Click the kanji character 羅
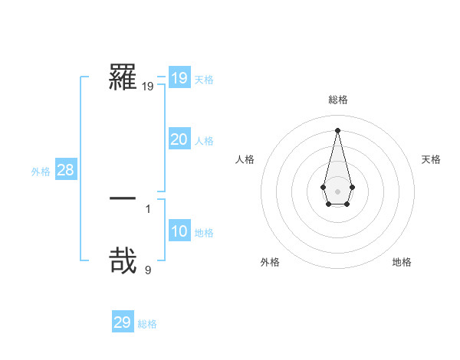(x=123, y=78)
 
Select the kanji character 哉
(x=123, y=260)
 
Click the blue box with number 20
(x=179, y=139)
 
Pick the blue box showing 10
(x=179, y=232)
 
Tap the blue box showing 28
(x=65, y=170)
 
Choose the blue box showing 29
(x=123, y=322)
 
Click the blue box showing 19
(x=179, y=78)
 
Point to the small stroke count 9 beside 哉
(x=148, y=270)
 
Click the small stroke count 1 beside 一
(x=148, y=208)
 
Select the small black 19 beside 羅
(x=147, y=87)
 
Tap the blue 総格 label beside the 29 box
(x=147, y=324)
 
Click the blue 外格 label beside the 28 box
(x=41, y=172)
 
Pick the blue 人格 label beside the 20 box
(x=204, y=141)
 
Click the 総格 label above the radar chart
(x=337, y=100)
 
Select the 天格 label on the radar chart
(x=431, y=159)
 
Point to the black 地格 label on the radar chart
(x=402, y=262)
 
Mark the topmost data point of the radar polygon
(x=337, y=129)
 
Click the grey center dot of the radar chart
(x=337, y=191)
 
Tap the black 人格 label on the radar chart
(x=245, y=159)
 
